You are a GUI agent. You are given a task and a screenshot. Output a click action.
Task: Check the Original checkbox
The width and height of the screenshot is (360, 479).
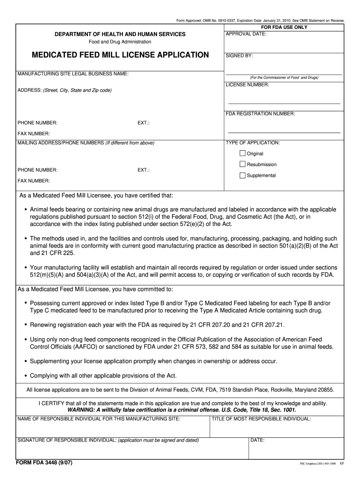(x=243, y=153)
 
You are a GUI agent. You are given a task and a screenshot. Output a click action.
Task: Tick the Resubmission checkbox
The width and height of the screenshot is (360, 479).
(x=243, y=164)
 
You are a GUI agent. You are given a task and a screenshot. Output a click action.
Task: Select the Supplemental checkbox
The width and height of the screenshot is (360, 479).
(x=243, y=175)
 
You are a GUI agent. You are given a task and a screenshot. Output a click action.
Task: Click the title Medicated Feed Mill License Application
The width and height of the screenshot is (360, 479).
(x=120, y=55)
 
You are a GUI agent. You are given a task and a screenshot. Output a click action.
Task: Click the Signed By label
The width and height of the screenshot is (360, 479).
(x=239, y=56)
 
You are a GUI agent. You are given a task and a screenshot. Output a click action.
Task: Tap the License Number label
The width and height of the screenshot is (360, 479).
(x=247, y=85)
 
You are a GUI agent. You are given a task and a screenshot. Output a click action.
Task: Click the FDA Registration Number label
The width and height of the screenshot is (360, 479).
(x=260, y=114)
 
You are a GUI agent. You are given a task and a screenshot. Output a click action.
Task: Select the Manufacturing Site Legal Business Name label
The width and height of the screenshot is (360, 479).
(x=73, y=74)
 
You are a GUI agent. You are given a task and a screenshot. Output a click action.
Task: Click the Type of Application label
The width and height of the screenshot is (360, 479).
(x=252, y=143)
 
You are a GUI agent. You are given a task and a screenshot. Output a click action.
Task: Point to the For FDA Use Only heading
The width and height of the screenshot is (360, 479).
(x=284, y=27)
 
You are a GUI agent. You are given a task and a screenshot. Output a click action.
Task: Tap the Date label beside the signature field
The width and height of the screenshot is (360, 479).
(x=258, y=440)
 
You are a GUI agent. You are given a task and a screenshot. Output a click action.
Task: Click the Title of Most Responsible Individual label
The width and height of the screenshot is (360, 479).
(x=261, y=419)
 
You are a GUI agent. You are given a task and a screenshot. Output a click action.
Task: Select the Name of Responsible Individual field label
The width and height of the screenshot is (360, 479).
(x=99, y=419)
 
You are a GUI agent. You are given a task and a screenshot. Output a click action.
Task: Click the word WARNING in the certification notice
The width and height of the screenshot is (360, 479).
(x=82, y=410)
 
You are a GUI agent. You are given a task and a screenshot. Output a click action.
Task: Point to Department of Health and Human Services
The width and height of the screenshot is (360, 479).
(x=120, y=34)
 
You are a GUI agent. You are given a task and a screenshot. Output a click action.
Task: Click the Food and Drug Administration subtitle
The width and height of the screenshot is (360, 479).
(x=120, y=42)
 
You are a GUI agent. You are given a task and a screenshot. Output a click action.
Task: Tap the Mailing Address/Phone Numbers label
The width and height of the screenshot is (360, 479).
(x=86, y=143)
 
